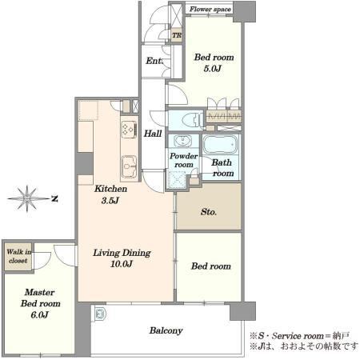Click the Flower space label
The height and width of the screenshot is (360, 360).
click(x=210, y=10)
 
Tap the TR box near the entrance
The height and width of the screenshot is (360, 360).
click(x=177, y=35)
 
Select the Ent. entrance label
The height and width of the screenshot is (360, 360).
click(x=154, y=61)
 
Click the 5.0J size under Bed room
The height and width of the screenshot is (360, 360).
click(x=213, y=69)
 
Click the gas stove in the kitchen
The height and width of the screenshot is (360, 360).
click(x=130, y=130)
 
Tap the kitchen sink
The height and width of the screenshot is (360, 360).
click(x=130, y=166)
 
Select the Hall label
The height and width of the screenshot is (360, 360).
click(x=153, y=134)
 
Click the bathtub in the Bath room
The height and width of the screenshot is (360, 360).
click(x=221, y=145)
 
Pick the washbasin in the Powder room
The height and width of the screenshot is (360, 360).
click(x=182, y=140)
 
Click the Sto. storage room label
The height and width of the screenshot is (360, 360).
click(x=209, y=212)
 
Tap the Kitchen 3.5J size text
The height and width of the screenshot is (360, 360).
click(x=110, y=200)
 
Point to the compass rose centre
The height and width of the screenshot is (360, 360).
click(x=27, y=198)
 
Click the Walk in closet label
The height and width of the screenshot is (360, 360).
click(x=18, y=256)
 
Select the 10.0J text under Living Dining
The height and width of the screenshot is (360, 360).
click(x=122, y=264)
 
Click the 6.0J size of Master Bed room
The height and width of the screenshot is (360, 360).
click(x=39, y=315)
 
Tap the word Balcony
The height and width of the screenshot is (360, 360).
click(x=166, y=330)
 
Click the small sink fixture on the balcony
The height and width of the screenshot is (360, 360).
click(x=100, y=314)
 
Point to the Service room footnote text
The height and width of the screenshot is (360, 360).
click(x=300, y=336)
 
